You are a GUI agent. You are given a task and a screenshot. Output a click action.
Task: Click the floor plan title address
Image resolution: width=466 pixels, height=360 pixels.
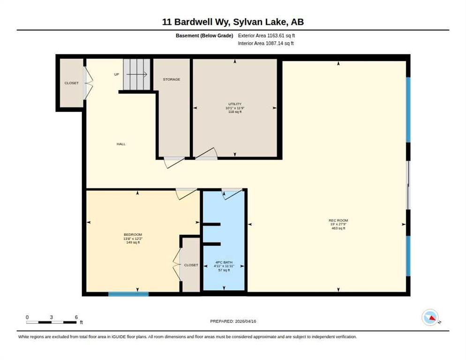click(233, 22)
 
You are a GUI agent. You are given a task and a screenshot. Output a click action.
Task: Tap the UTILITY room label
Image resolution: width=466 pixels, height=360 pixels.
click(235, 104)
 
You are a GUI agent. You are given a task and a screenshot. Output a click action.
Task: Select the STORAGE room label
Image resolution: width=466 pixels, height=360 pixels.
click(172, 79)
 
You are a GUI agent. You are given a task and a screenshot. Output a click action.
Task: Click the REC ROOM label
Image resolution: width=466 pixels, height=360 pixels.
click(338, 221)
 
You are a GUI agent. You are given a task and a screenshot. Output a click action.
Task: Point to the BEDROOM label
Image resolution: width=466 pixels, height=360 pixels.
click(133, 235)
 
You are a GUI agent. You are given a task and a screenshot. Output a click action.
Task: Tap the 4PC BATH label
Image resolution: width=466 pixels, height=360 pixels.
click(224, 262)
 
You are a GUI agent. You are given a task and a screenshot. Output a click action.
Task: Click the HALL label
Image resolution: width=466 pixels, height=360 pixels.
click(121, 144)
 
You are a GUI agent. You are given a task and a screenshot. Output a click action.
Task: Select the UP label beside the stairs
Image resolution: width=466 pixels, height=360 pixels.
click(116, 75)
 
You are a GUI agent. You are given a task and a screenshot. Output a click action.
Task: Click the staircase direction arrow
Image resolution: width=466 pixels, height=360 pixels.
click(137, 75)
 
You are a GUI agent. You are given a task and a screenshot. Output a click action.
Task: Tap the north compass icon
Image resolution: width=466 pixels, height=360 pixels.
click(430, 317)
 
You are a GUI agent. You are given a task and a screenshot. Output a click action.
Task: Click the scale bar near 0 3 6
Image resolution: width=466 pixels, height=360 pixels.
click(51, 322)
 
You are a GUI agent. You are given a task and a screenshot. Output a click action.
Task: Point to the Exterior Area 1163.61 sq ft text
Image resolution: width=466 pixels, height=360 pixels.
click(266, 36)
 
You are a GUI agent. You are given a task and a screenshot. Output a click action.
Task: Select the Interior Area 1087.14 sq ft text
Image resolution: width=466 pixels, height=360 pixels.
click(266, 44)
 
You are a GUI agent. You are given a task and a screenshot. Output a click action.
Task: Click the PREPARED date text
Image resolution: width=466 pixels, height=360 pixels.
click(233, 322)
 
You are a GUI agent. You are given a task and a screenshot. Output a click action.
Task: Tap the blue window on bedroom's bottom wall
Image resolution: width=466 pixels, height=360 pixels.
click(128, 294)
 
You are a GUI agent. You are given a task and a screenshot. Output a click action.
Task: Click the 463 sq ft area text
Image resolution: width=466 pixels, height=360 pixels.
click(338, 228)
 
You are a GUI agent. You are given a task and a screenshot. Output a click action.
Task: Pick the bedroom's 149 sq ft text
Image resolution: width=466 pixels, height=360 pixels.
click(133, 242)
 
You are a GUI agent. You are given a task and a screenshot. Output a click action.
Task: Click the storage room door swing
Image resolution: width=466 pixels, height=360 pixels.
click(174, 162)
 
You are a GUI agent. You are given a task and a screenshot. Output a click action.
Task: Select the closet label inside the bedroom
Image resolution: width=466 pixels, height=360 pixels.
click(191, 265)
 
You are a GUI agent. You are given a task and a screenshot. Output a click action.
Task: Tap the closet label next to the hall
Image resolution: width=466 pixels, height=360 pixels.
click(72, 83)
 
